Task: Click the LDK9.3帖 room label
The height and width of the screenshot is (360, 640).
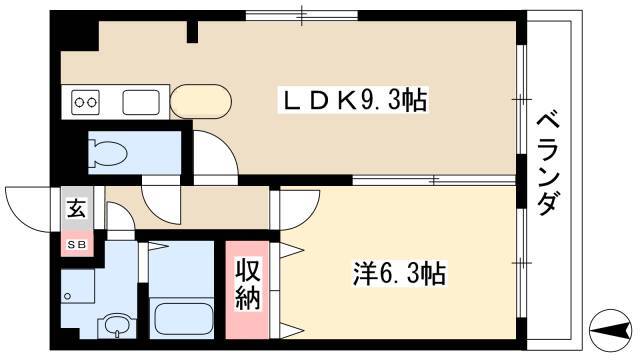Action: tap(353, 100)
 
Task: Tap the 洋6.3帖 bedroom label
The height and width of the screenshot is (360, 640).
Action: tap(399, 273)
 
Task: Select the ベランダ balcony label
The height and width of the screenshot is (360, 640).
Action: tap(547, 163)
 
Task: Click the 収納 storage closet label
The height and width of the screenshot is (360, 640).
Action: tap(248, 284)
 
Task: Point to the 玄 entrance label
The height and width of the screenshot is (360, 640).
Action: tap(77, 209)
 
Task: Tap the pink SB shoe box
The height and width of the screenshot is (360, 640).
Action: tap(77, 244)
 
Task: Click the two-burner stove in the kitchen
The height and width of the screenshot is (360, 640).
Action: tap(86, 102)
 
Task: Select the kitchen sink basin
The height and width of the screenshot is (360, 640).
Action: tap(141, 102)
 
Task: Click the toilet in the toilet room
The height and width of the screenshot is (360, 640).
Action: tap(108, 153)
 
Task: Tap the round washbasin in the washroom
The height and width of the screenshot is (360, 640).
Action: tap(117, 325)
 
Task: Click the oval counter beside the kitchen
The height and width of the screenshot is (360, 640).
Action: tap(201, 102)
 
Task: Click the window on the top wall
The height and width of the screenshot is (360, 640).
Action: tap(302, 16)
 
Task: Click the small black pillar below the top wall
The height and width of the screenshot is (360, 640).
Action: tap(192, 32)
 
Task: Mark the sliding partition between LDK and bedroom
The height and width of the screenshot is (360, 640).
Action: tap(434, 180)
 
